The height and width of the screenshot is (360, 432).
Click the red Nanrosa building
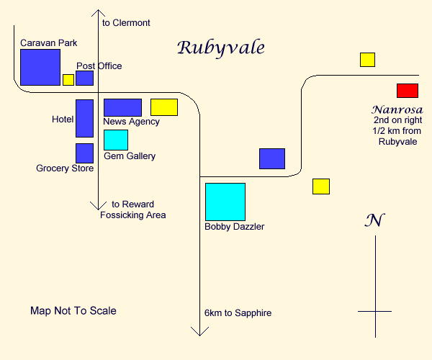pyautogui.click(x=407, y=91)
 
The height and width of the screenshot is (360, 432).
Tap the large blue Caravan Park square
pyautogui.click(x=40, y=68)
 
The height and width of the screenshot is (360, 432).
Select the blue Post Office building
pyautogui.click(x=84, y=78)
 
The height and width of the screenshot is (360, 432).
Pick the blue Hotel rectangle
pyautogui.click(x=84, y=118)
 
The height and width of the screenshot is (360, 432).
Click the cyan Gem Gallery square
pyautogui.click(x=116, y=140)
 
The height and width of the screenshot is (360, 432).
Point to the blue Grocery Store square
pyautogui.click(x=84, y=153)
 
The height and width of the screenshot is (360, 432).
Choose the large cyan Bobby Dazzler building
pyautogui.click(x=225, y=202)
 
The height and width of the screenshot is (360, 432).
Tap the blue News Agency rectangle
pyautogui.click(x=122, y=107)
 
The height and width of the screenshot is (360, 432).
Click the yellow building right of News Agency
pyautogui.click(x=163, y=107)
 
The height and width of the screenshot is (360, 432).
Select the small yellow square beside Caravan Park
pyautogui.click(x=68, y=80)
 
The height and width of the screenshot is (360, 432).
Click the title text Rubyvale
pyautogui.click(x=221, y=48)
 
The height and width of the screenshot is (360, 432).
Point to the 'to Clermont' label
pyautogui.click(x=126, y=23)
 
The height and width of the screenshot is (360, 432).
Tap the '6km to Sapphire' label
pyautogui.click(x=238, y=312)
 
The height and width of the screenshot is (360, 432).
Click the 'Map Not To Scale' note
pyautogui.click(x=73, y=311)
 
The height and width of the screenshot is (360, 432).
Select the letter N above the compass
pyautogui.click(x=373, y=220)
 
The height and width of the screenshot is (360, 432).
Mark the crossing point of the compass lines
pyautogui.click(x=375, y=311)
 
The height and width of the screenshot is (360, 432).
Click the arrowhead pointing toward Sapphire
pyautogui.click(x=199, y=331)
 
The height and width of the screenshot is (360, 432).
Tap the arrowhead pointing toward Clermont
pyautogui.click(x=99, y=12)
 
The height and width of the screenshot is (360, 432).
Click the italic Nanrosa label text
pyautogui.click(x=392, y=109)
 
